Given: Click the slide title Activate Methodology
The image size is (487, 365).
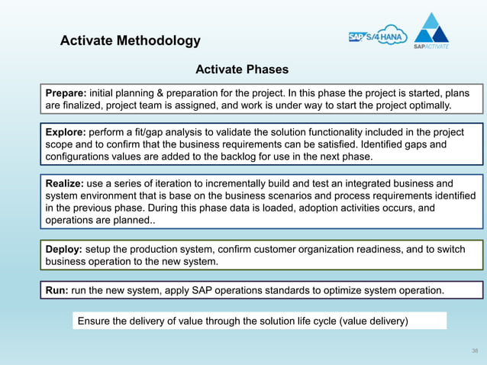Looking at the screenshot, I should click(x=131, y=41).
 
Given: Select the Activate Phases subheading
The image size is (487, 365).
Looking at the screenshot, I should click(x=242, y=70).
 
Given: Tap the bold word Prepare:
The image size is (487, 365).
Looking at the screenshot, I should click(x=66, y=92).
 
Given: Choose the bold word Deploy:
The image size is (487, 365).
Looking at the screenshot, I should click(x=64, y=250).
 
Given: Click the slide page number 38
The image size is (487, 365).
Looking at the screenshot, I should click(x=475, y=350).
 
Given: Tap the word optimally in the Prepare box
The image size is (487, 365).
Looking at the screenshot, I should click(x=428, y=105).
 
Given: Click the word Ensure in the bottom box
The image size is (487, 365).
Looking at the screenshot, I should click(x=95, y=321).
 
